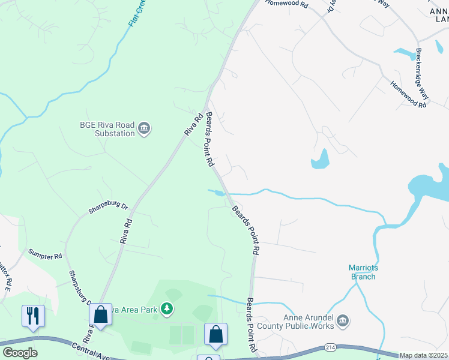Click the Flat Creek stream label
137,13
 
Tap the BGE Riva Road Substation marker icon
144,128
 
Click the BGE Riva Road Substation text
107,129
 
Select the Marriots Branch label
363,272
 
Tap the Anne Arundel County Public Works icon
343,322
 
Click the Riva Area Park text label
135,309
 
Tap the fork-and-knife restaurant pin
32,316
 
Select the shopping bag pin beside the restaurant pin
100,315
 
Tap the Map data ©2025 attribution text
423,355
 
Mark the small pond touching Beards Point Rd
217,193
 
